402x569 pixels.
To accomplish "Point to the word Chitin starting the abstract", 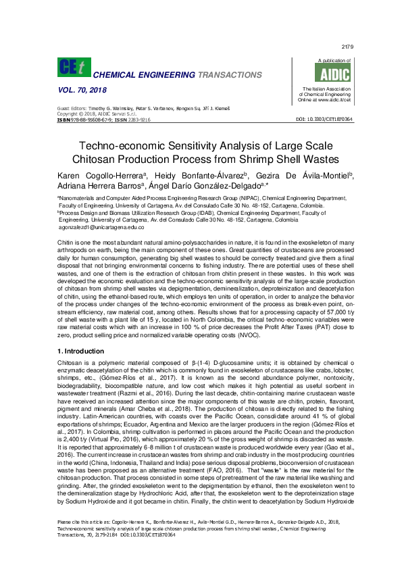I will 66,241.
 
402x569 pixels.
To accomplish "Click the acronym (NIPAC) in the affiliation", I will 243,199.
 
